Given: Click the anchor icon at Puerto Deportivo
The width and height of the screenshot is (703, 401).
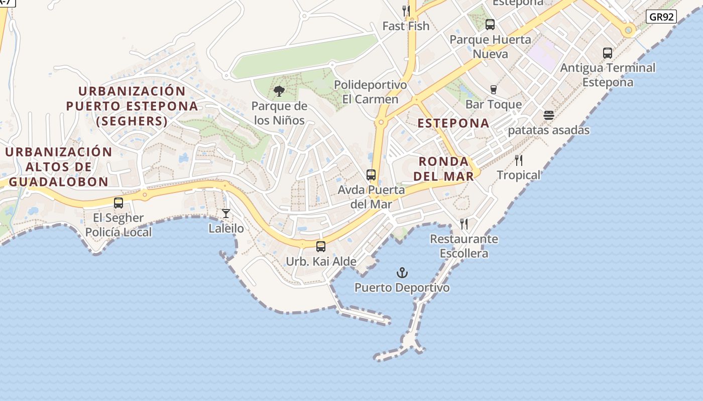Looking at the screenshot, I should [402, 273].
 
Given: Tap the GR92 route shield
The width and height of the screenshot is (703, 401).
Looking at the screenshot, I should [661, 17].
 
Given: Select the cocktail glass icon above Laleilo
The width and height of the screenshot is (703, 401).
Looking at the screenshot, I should [226, 214].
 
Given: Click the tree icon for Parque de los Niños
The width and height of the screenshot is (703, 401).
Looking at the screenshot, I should [279, 91].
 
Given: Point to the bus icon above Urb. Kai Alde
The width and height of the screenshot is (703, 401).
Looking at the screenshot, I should [321, 247].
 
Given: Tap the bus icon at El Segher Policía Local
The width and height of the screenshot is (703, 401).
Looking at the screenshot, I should [119, 203].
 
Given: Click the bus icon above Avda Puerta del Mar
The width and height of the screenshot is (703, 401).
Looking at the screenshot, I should [371, 175].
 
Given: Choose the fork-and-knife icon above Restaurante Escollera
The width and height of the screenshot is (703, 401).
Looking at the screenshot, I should [464, 224].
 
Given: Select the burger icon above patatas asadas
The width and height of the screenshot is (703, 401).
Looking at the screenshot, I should [549, 115].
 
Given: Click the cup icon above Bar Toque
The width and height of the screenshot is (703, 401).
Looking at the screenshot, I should [494, 90].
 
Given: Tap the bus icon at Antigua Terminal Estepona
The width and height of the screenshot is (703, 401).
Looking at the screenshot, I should [608, 53].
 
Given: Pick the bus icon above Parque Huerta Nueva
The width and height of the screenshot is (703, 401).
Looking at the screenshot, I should [490, 24].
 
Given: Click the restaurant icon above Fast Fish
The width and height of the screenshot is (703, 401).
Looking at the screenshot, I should [406, 11].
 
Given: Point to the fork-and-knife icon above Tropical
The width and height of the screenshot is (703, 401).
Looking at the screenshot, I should [519, 160].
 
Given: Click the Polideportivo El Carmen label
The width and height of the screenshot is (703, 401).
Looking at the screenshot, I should [370, 92].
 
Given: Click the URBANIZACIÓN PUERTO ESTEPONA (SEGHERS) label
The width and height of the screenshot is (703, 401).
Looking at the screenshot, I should [132, 106].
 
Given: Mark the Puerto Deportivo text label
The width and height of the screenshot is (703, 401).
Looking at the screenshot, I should [402, 288].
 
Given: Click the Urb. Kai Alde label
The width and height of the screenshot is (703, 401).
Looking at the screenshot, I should [321, 261].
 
